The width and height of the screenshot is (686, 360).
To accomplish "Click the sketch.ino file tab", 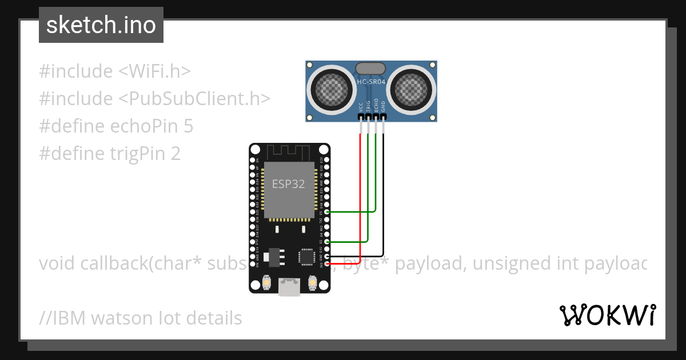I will click(x=101, y=25).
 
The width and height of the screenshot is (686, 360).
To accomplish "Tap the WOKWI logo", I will click(x=607, y=315).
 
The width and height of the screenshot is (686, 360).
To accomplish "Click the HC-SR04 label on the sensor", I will click(x=371, y=82).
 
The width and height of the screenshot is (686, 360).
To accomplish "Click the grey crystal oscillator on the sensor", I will click(x=371, y=69).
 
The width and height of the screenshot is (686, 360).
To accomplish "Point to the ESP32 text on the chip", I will click(x=288, y=184).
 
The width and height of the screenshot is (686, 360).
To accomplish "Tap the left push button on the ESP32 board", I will click(x=266, y=282).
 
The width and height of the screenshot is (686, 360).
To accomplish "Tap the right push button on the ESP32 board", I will click(x=313, y=282).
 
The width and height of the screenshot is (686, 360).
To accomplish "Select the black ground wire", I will click(x=383, y=194).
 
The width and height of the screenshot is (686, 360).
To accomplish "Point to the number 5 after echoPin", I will click(x=188, y=126).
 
